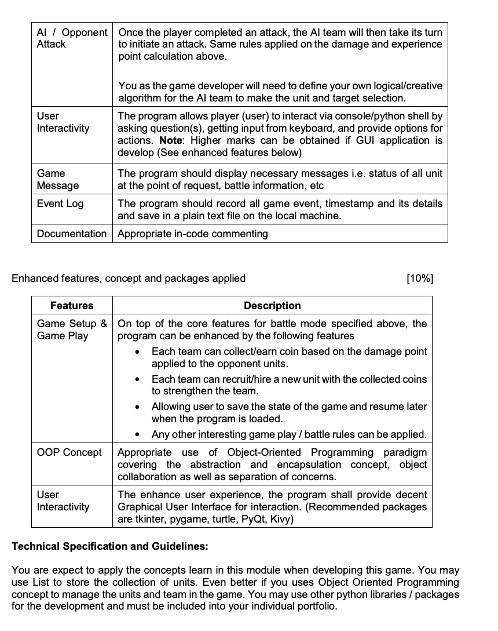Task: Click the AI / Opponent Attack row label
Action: [72, 38]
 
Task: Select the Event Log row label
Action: [60, 204]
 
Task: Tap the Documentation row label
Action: [72, 234]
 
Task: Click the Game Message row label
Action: [58, 179]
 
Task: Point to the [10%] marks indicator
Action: [420, 278]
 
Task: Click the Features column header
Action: [72, 306]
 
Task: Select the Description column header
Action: [272, 306]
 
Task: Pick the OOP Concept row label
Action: [69, 452]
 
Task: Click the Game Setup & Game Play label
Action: [72, 329]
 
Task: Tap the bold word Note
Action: [170, 140]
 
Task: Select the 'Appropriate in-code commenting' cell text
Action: [193, 234]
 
